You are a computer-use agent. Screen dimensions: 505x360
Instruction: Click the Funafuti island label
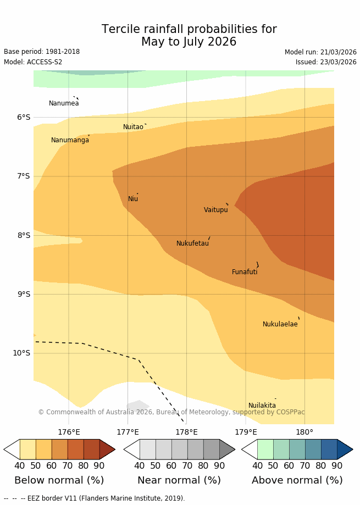245,272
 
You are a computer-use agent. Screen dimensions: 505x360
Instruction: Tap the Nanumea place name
64,103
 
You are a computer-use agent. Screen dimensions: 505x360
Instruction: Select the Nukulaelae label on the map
280,324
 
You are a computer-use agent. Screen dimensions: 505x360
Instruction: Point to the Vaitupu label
215,210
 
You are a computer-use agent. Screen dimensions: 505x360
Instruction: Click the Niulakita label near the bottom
262,406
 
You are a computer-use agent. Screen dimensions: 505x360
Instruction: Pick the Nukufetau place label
192,243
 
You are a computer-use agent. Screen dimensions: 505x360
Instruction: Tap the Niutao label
133,127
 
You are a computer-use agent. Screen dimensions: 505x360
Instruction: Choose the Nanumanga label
70,140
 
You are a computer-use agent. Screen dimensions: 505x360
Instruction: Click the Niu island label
133,199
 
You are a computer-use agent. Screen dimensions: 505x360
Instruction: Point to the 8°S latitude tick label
24,235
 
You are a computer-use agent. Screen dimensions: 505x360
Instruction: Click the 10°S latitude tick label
21,353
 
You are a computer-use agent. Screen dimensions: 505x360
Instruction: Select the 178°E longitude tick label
186,432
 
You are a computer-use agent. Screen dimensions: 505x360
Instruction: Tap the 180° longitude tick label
304,432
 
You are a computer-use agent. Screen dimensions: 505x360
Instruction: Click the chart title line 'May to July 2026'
189,42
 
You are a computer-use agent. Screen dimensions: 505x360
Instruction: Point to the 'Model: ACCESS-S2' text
33,62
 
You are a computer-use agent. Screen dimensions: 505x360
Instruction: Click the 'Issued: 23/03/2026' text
326,62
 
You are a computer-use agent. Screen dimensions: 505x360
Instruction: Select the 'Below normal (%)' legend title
59,480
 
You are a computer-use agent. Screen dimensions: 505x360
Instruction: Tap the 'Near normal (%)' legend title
179,480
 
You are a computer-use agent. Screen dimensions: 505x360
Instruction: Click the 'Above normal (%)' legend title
297,480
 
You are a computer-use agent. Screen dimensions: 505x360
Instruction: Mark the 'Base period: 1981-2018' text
42,52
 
